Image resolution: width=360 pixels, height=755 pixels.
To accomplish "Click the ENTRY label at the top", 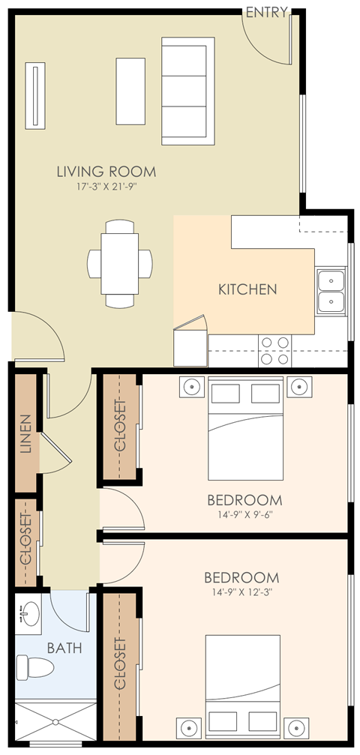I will [x=265, y=12].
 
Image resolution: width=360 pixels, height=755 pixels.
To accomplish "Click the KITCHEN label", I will [x=247, y=289].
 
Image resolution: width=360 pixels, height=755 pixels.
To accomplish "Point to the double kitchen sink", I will [x=330, y=292].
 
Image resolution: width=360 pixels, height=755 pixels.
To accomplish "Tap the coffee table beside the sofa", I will [x=130, y=91].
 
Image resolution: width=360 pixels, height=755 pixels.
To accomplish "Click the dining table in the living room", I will [x=119, y=263].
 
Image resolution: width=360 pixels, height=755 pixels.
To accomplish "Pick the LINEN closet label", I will [x=26, y=434].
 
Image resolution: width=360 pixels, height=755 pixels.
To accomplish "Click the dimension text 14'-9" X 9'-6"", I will [x=244, y=515].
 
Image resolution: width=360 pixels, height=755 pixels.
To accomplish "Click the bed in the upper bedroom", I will [x=245, y=427].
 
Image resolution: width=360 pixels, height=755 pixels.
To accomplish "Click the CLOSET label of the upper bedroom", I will [x=120, y=424].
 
